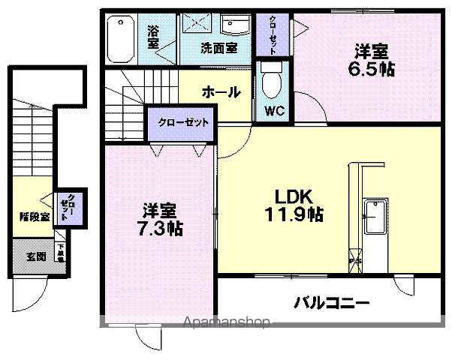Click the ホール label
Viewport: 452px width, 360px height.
[x=221, y=92]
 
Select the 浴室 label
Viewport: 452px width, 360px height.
[x=153, y=37]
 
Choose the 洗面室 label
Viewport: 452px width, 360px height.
[x=218, y=48]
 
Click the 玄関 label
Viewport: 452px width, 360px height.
[x=35, y=257]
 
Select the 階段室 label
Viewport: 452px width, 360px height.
[x=34, y=217]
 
